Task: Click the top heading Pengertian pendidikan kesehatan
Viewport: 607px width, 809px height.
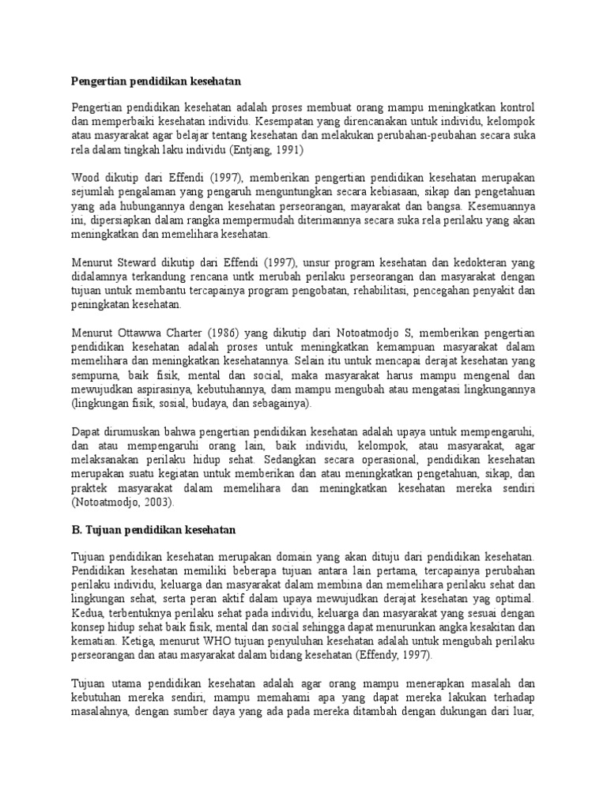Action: pos(155,81)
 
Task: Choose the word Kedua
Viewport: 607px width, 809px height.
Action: pos(88,600)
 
